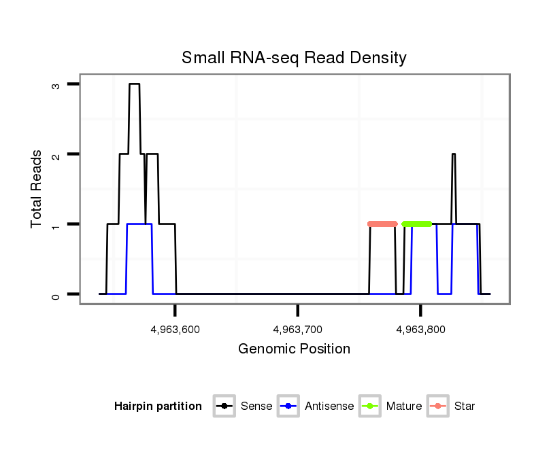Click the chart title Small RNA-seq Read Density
pyautogui.click(x=294, y=58)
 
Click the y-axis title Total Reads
pyautogui.click(x=37, y=189)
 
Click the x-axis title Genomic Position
pyautogui.click(x=294, y=349)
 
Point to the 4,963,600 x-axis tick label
pyautogui.click(x=176, y=329)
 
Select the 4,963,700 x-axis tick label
pyautogui.click(x=298, y=329)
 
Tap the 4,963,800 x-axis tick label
pyautogui.click(x=420, y=329)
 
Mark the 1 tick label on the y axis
pyautogui.click(x=56, y=224)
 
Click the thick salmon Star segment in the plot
pyautogui.click(x=382, y=224)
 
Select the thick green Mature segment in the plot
pyautogui.click(x=416, y=224)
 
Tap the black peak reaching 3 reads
pyautogui.click(x=135, y=84)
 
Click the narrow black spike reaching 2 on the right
pyautogui.click(x=453, y=155)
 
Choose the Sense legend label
pyautogui.click(x=256, y=406)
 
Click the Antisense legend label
pyautogui.click(x=329, y=406)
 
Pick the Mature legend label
pyautogui.click(x=404, y=406)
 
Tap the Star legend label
pyautogui.click(x=465, y=406)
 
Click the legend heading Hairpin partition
pyautogui.click(x=158, y=406)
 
